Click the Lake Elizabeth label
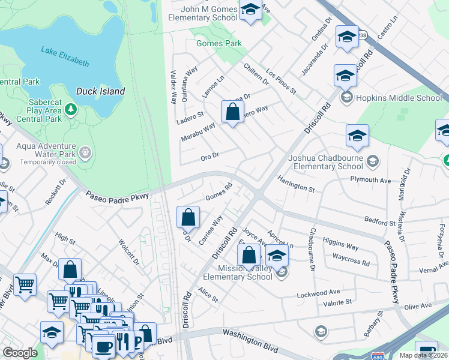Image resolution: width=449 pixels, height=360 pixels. pos(65,56)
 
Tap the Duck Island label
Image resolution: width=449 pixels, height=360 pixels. pos(100,92)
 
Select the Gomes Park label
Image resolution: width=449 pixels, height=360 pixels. pos(219,43)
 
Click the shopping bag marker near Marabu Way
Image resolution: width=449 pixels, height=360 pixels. pos(232,112)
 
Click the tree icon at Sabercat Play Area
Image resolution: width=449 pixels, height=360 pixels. pos(71,109)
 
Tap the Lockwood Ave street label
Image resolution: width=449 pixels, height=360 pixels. pos(318,293)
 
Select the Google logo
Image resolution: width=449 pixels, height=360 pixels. pos(20,353)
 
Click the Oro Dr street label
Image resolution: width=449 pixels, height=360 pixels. pos(209,157)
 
